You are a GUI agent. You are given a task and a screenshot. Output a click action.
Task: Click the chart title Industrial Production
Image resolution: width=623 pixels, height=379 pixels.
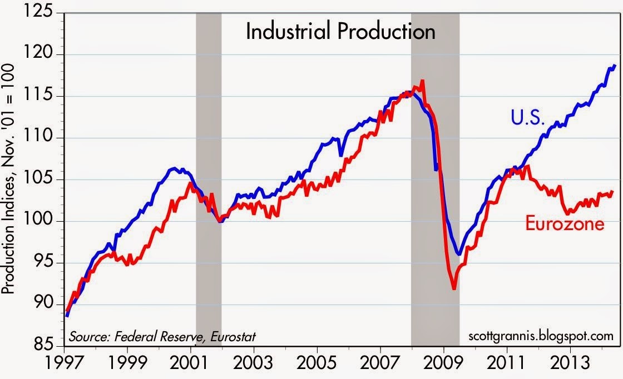tap(340, 32)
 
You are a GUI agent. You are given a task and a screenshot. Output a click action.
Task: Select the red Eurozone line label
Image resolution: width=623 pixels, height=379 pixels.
tap(564, 225)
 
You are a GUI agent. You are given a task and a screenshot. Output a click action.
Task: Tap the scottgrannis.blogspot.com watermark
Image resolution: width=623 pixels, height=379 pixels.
tap(538, 336)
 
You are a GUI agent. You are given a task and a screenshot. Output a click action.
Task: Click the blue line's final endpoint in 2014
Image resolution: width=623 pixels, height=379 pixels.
tap(615, 66)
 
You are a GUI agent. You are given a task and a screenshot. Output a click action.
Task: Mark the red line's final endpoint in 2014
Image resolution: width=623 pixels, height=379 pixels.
tap(612, 191)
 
